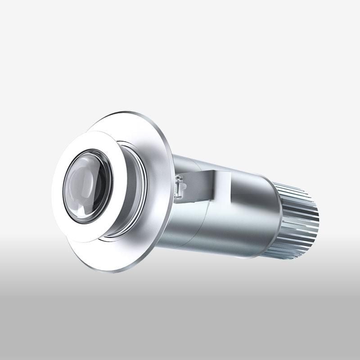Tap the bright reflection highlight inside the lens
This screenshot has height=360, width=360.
click(76, 180)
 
